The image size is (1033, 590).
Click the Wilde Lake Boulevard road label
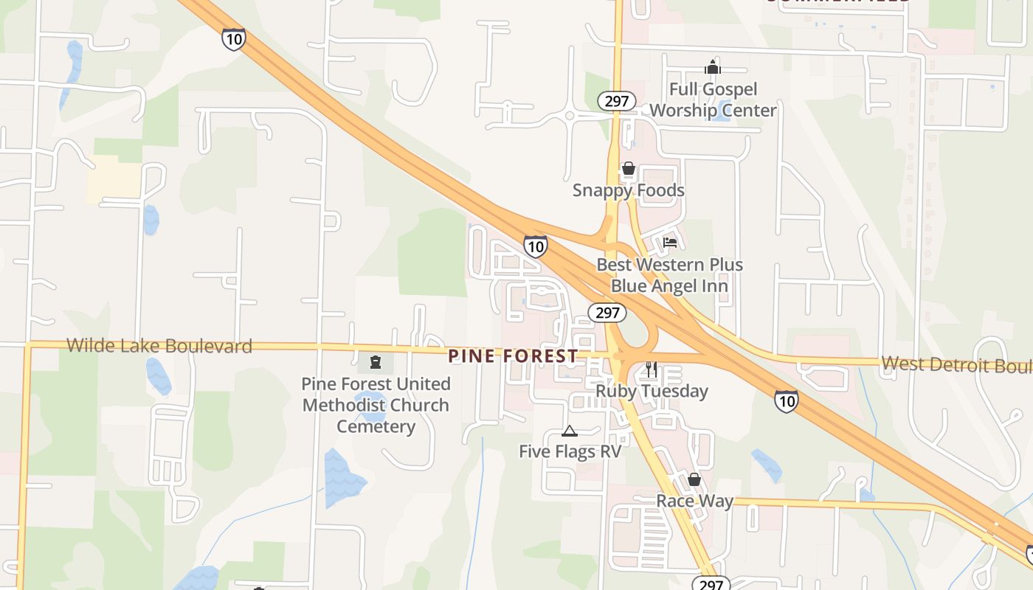coord(159,345)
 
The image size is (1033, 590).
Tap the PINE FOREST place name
coord(514,356)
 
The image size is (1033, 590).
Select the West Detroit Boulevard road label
coord(956,364)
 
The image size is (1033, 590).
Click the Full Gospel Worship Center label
coord(713,100)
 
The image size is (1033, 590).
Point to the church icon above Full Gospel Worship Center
coord(712,68)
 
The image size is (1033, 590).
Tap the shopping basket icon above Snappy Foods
coord(628,169)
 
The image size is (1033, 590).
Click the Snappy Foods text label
coord(629,190)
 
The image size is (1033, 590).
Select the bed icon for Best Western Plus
coord(669,242)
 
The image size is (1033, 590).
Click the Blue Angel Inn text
coord(669,285)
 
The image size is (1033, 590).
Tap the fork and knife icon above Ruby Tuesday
coord(651,369)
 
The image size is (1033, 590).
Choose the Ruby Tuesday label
coord(652,391)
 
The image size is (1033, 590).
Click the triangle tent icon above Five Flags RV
coord(569,431)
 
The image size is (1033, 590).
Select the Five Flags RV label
coord(570,451)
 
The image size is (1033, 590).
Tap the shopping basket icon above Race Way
coord(694,480)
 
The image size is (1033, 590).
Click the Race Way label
coord(694,502)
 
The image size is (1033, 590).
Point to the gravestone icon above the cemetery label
coord(376,362)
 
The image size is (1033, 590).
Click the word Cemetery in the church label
coord(376,426)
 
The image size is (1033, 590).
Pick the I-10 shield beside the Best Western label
coord(536,246)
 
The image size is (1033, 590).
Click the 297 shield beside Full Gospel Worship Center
coord(616,102)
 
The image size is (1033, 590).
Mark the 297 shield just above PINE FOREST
coord(607,313)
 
